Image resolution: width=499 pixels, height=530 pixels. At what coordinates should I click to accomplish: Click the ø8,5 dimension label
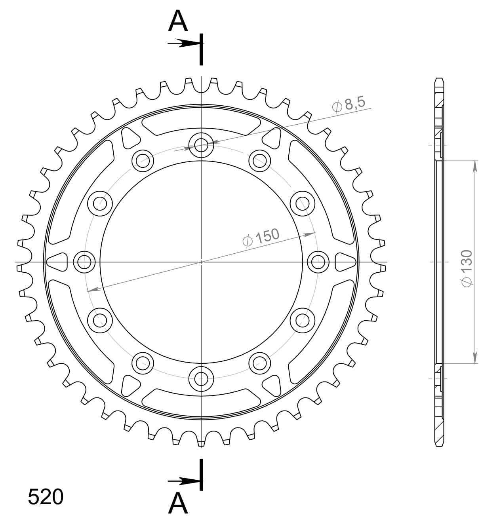349,104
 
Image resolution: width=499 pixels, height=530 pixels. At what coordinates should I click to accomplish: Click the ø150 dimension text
261,237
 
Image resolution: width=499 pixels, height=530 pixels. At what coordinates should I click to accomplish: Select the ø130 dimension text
467,268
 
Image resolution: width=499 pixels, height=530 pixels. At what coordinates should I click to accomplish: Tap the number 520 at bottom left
46,497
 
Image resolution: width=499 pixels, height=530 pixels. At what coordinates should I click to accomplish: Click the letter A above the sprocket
178,21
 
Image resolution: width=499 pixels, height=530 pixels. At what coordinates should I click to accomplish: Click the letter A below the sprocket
178,504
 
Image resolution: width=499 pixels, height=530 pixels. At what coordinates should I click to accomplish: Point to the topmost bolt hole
201,145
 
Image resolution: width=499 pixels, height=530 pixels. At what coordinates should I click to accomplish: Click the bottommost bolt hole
201,378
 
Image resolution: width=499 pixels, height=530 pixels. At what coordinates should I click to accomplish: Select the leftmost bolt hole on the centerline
84,262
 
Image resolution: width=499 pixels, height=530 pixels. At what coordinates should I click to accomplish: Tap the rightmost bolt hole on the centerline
318,262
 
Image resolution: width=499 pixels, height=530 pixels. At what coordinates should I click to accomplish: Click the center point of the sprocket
201,262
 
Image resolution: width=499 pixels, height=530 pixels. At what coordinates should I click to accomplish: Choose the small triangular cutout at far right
346,262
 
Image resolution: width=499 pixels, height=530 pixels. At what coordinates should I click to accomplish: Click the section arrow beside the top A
183,43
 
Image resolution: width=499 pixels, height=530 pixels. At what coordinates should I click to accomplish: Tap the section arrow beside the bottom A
183,481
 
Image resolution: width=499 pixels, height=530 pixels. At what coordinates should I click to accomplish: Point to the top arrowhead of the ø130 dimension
475,166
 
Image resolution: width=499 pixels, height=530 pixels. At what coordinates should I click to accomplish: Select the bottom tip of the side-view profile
439,446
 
